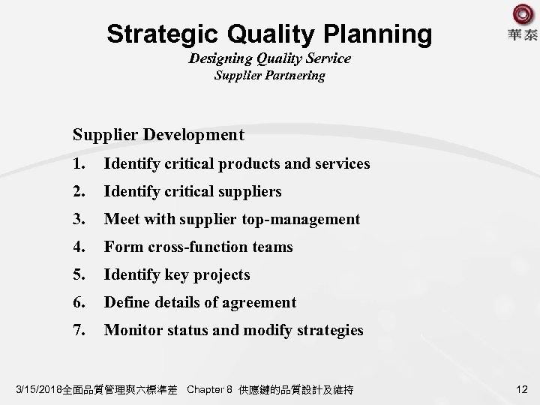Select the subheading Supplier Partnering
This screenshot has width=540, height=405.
(270, 76)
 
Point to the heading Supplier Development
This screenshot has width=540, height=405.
(158, 135)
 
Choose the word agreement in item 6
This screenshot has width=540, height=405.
(256, 302)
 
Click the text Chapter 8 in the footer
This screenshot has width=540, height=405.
(209, 390)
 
